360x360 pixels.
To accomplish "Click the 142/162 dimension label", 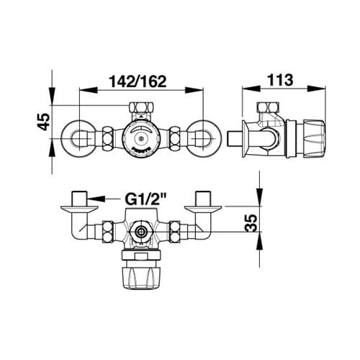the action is tap(138, 81).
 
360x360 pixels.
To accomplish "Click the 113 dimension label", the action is tap(280, 80).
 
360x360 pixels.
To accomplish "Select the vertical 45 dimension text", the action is tap(44, 122).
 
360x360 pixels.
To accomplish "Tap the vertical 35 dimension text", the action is tap(251, 222).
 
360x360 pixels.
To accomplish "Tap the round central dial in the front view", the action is tap(141, 138).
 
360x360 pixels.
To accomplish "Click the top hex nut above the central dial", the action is tap(142, 107).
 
